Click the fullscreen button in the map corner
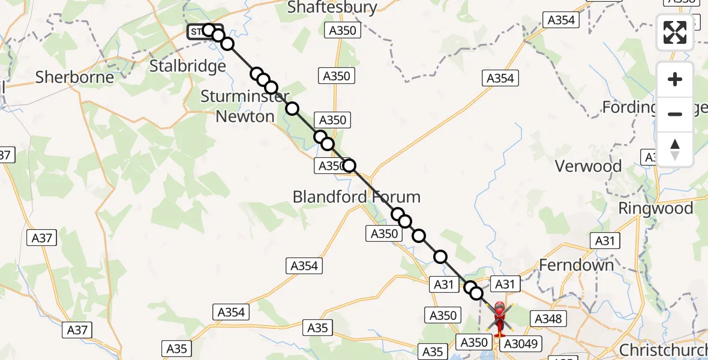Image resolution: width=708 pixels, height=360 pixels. [675, 32]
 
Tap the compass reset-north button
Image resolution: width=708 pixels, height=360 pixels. [675, 149]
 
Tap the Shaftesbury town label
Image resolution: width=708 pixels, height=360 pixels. [332, 7]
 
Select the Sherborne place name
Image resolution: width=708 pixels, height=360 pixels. [74, 77]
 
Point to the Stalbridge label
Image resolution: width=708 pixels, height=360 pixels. [187, 65]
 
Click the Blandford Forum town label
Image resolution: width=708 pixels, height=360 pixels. [356, 196]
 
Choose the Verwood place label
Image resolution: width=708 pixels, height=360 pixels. [589, 166]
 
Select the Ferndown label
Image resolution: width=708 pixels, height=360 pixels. [577, 265]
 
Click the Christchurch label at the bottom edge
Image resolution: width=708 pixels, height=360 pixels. [663, 350]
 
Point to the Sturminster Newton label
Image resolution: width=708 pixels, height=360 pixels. [245, 106]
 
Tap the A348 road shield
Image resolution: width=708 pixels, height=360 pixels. [547, 319]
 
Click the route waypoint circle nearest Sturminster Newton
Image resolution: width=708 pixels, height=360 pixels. [292, 109]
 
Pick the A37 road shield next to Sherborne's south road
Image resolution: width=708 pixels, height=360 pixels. [41, 238]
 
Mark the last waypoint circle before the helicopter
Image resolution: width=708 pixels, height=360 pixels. [476, 293]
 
